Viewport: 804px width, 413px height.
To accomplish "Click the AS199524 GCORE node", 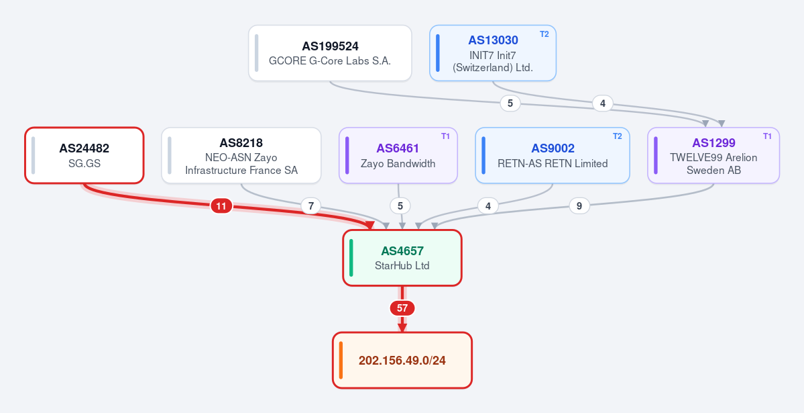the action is [330, 53].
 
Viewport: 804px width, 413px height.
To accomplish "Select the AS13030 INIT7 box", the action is [493, 53].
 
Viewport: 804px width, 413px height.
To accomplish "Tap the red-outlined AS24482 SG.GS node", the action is [84, 155].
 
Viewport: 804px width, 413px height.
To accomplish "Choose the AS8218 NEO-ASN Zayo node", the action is [241, 155].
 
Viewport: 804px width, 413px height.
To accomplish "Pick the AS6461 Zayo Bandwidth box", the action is [398, 155].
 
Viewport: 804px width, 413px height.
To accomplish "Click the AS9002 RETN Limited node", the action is [553, 155].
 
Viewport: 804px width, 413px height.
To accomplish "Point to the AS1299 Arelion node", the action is [713, 155].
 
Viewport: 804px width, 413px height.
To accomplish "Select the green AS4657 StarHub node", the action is [402, 258].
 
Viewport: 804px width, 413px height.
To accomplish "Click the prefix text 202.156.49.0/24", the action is [402, 361].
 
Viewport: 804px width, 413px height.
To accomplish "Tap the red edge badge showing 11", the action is [221, 207].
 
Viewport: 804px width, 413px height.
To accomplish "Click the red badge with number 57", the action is [402, 308].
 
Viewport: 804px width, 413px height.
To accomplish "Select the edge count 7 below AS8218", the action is [310, 207].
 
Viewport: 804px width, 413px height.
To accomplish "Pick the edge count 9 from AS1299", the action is [579, 206].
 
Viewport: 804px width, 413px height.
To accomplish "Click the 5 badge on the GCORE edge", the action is [510, 103].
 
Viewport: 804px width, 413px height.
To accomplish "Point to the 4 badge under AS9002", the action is [487, 206].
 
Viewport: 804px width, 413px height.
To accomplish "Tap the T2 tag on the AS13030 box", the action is [544, 34].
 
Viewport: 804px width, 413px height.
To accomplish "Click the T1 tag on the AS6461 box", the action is [445, 136].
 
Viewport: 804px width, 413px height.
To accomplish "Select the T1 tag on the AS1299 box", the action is [767, 136].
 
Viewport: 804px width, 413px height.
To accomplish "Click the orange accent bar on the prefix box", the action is [341, 361].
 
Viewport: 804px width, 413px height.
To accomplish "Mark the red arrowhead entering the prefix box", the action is [402, 328].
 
